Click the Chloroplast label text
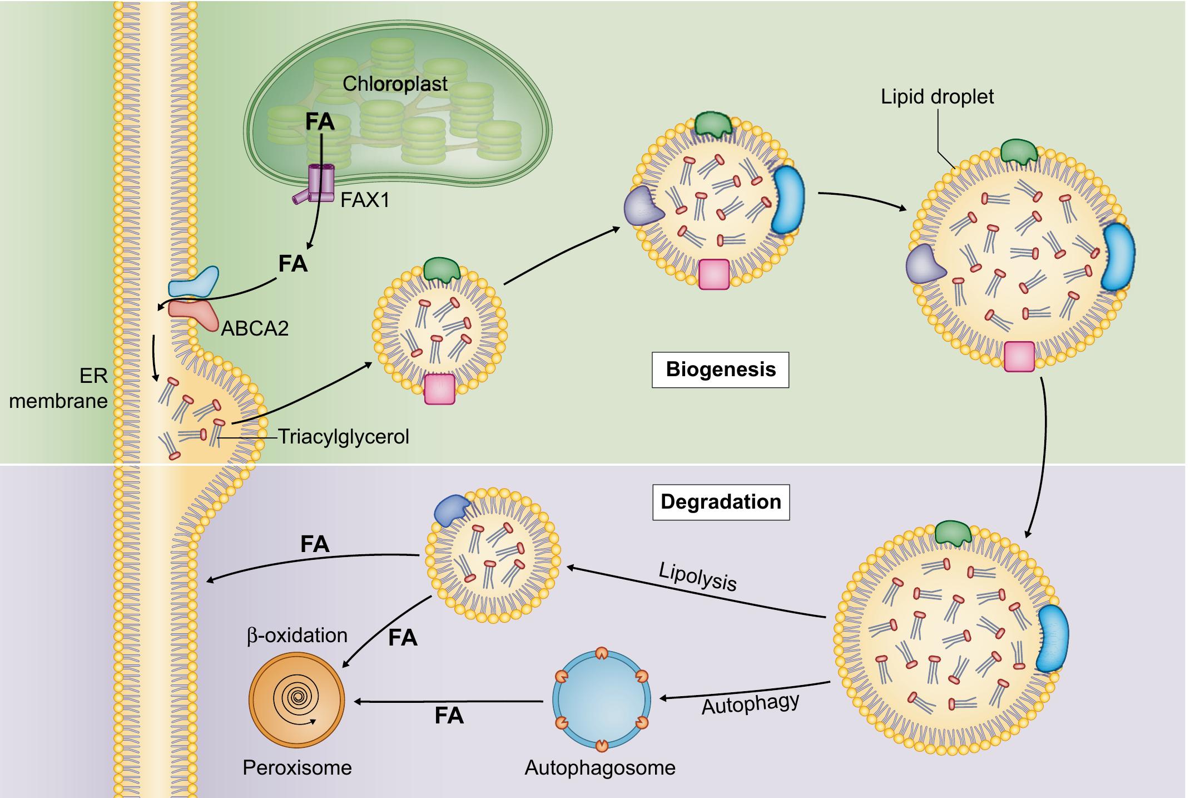[395, 84]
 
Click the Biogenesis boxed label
[720, 370]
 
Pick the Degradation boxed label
[721, 502]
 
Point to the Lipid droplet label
[937, 97]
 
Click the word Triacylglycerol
[343, 437]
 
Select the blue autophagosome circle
[601, 700]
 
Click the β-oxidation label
[297, 636]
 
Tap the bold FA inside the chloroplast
[320, 122]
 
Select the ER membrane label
[58, 388]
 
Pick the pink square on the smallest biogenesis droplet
[439, 389]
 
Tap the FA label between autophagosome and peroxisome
[449, 716]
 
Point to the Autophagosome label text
[599, 768]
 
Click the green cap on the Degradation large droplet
[953, 534]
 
